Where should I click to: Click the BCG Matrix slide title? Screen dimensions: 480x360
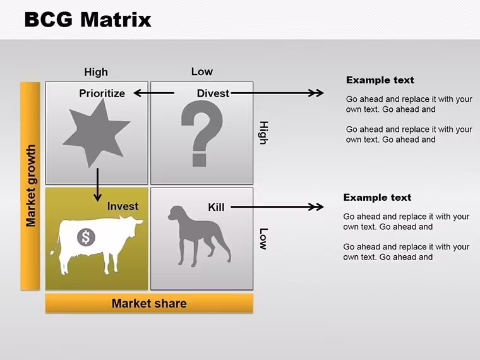click(x=88, y=20)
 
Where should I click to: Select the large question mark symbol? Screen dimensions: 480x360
click(x=201, y=133)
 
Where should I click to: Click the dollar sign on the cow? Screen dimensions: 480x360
click(x=86, y=237)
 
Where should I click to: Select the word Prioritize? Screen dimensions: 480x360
click(x=102, y=93)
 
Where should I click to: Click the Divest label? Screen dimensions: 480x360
click(x=213, y=93)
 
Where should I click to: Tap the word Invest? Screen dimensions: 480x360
click(x=123, y=207)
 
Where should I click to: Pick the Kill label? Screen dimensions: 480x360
click(x=216, y=207)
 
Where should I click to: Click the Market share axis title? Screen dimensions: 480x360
click(x=149, y=303)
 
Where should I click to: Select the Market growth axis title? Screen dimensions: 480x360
click(x=30, y=186)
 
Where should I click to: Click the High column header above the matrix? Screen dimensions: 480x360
click(x=96, y=72)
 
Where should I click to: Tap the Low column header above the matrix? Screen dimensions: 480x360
click(x=202, y=71)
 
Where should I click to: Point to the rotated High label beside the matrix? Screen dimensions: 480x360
click(x=263, y=133)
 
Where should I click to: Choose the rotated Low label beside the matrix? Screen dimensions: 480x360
click(x=263, y=239)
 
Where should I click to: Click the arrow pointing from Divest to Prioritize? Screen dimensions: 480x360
click(x=154, y=93)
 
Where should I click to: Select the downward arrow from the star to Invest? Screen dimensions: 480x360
click(x=98, y=184)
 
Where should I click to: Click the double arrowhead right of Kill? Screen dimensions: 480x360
click(x=316, y=207)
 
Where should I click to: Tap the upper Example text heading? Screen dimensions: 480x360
click(x=380, y=80)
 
